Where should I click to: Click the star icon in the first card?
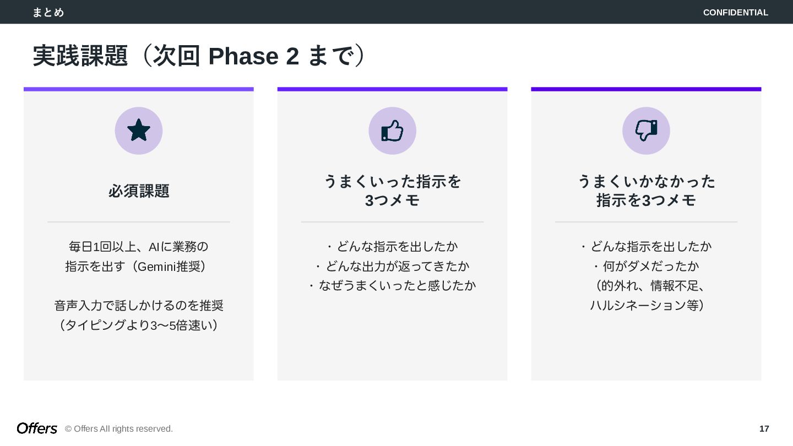(139, 130)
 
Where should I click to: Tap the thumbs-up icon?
(392, 130)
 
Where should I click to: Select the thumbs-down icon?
(646, 130)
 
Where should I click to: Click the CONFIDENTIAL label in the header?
(735, 12)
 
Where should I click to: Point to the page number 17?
(764, 429)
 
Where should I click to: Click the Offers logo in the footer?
(37, 428)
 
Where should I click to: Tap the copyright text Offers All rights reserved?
(119, 429)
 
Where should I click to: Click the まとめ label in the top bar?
(48, 12)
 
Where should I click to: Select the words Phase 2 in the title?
(253, 56)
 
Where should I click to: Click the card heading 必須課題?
(139, 191)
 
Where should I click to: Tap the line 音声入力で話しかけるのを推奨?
(139, 306)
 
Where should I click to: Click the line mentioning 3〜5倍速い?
(139, 325)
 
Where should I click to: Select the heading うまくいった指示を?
(392, 181)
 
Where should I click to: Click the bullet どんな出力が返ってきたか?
(392, 266)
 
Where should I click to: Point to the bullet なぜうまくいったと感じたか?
(392, 285)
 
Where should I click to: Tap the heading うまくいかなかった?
(646, 181)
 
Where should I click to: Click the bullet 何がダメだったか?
(646, 266)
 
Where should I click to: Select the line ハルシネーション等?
(646, 305)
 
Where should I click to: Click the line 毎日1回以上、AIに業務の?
(139, 246)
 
